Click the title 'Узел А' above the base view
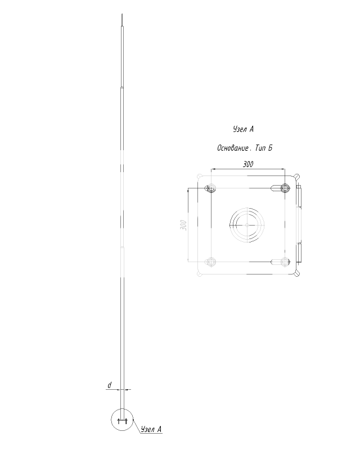click(x=243, y=129)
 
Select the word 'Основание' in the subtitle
click(x=233, y=148)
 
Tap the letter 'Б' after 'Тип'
click(x=269, y=148)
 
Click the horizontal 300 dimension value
click(x=248, y=164)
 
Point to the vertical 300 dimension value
click(x=183, y=225)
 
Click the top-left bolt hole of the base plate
click(x=211, y=188)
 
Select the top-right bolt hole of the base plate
click(x=285, y=188)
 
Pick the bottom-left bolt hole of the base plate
click(x=211, y=262)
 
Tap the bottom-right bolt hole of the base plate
click(x=285, y=262)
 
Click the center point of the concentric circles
click(x=247, y=225)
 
